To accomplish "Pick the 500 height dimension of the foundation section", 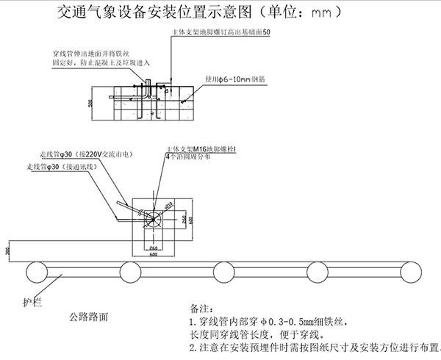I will (x=91, y=103).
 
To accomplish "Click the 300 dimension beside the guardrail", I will (x=8, y=251).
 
